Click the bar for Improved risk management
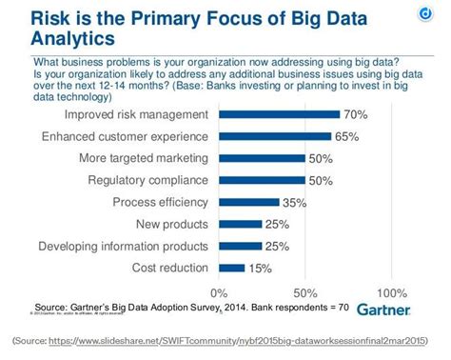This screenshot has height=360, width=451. tap(279, 114)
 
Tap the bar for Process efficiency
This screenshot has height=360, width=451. tap(249, 202)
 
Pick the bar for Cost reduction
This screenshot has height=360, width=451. tap(232, 269)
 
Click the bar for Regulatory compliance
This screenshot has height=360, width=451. tap(262, 181)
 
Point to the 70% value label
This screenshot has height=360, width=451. tap(355, 114)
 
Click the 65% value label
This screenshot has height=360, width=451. tap(346, 137)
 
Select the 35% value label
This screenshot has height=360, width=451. tap(295, 202)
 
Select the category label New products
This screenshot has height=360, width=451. tap(171, 225)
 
